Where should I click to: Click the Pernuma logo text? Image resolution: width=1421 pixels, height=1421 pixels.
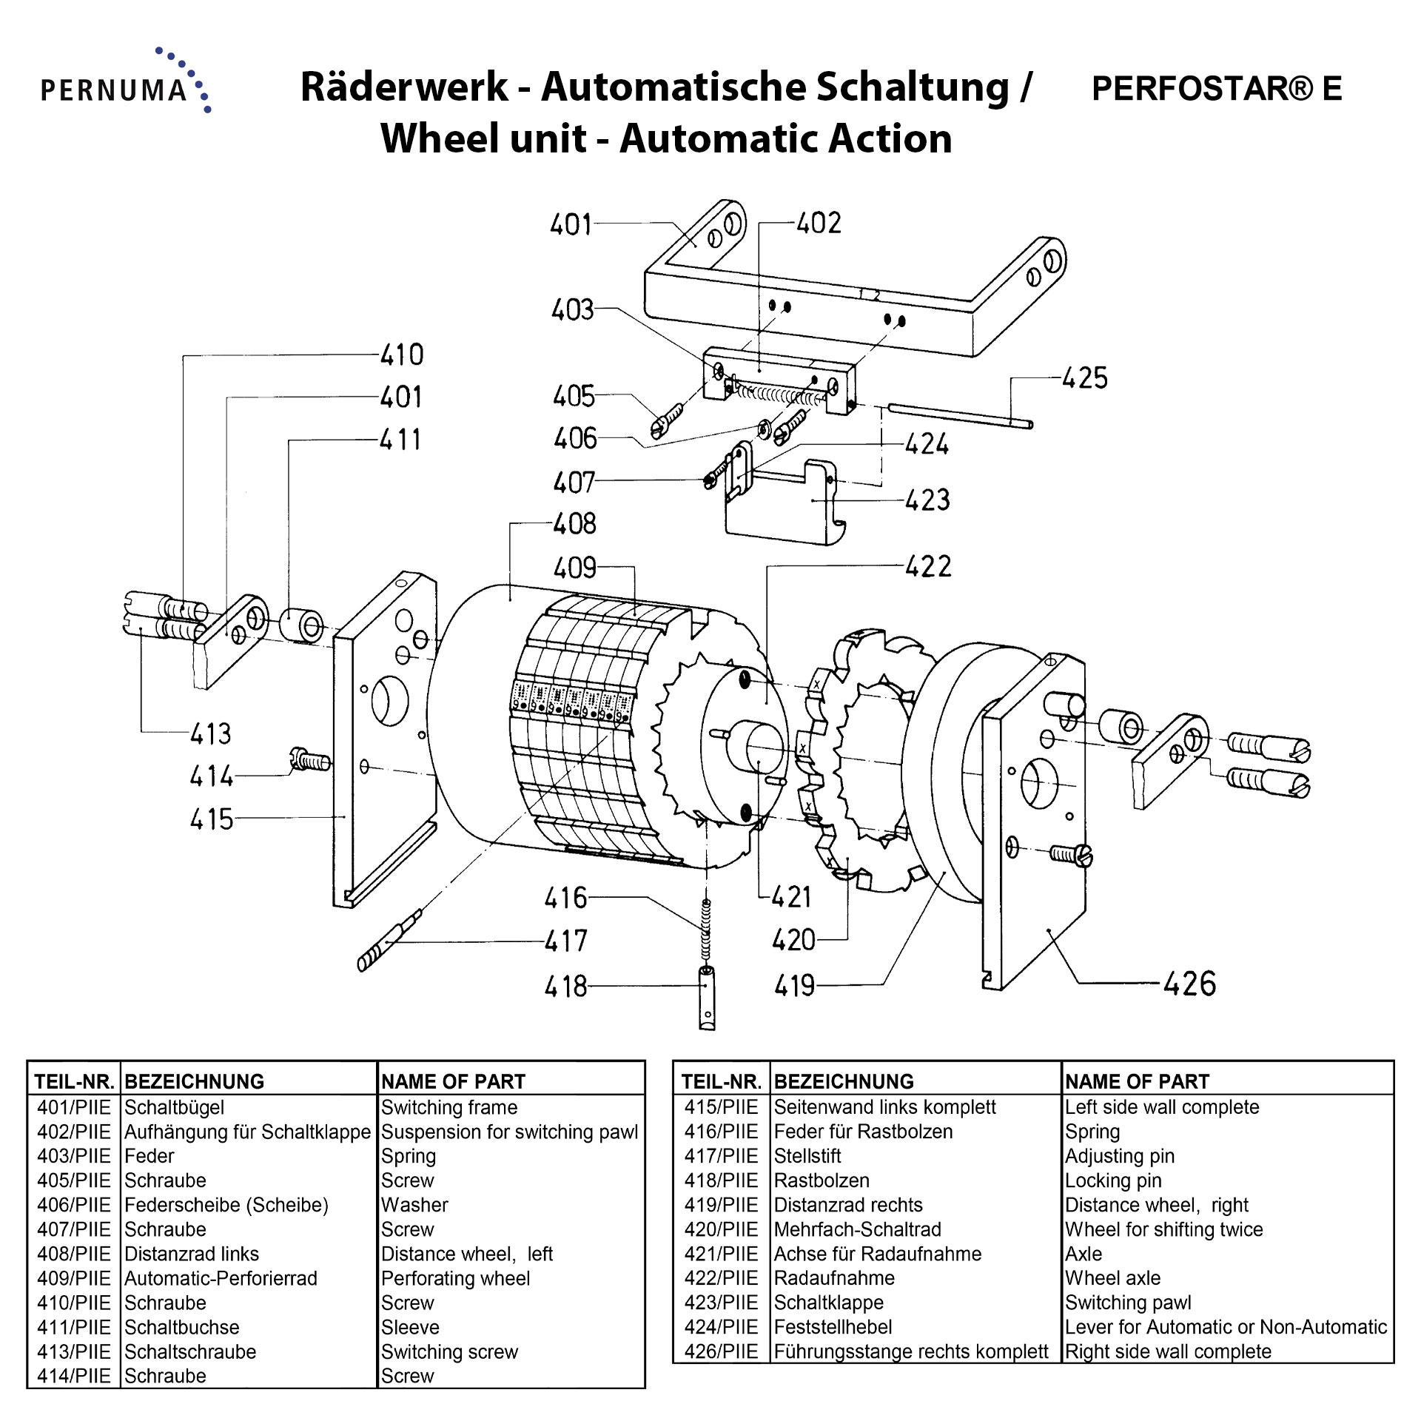114,90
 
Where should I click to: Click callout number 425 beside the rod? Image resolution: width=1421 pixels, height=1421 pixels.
1084,378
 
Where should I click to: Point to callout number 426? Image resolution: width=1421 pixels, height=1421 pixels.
1189,984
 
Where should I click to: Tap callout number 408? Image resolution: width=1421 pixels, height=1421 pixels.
574,524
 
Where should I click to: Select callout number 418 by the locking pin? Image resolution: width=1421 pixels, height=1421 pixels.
565,987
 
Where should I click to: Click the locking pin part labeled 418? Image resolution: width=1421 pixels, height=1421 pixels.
707,998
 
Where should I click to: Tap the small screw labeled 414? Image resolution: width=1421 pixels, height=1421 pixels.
309,759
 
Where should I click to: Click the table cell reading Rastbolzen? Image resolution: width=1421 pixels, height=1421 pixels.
822,1180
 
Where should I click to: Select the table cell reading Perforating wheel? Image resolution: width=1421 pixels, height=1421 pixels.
455,1278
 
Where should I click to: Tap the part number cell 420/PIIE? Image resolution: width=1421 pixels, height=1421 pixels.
721,1229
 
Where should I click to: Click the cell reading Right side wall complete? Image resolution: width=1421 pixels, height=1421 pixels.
1168,1351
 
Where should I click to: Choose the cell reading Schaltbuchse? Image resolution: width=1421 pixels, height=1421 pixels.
182,1327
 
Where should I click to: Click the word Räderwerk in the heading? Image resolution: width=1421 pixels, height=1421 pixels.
404,87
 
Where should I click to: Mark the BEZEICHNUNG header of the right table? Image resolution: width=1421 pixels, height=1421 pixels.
844,1081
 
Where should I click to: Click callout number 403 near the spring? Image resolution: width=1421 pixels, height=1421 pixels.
572,310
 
